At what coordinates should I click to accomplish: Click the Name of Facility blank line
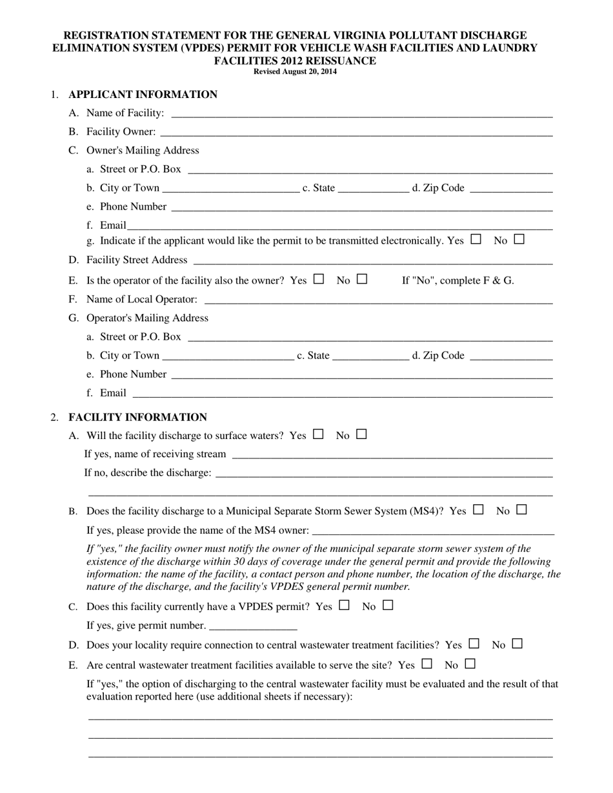pyautogui.click(x=361, y=114)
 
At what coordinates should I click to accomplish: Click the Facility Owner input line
pyautogui.click(x=356, y=133)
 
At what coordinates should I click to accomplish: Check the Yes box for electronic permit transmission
pyautogui.click(x=476, y=239)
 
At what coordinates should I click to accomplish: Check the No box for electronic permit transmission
pyautogui.click(x=519, y=239)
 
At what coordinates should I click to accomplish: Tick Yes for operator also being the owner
pyautogui.click(x=318, y=279)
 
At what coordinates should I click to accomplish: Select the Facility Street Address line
pyautogui.click(x=372, y=260)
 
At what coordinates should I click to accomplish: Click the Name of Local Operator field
pyautogui.click(x=378, y=300)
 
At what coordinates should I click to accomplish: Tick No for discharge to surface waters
pyautogui.click(x=361, y=435)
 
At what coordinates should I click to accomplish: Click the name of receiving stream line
pyautogui.click(x=392, y=455)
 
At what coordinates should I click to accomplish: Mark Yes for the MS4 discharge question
pyautogui.click(x=478, y=510)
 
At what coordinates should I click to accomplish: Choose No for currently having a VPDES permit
pyautogui.click(x=388, y=605)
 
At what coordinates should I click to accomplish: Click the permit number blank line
pyautogui.click(x=254, y=627)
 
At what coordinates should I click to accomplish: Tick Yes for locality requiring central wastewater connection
pyautogui.click(x=474, y=643)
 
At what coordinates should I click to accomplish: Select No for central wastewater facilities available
pyautogui.click(x=470, y=663)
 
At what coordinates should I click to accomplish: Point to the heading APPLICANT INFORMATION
pyautogui.click(x=143, y=95)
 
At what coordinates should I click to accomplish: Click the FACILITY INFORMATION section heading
pyautogui.click(x=137, y=417)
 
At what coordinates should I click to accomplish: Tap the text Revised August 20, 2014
pyautogui.click(x=295, y=72)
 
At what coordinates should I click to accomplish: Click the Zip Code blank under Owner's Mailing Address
pyautogui.click(x=511, y=189)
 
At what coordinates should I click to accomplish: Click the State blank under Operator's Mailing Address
pyautogui.click(x=371, y=357)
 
